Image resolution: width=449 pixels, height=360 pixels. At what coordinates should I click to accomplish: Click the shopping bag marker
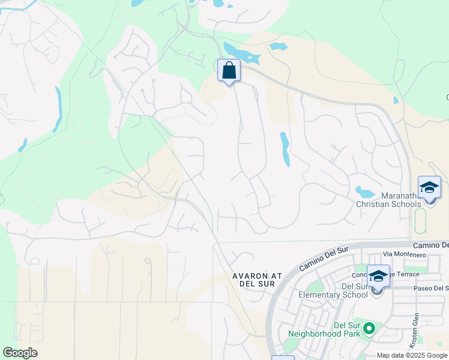click(x=229, y=71)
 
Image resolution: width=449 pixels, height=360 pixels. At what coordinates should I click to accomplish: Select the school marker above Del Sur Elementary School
click(x=378, y=277)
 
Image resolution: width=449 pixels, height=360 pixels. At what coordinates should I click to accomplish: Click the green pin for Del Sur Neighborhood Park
click(x=369, y=328)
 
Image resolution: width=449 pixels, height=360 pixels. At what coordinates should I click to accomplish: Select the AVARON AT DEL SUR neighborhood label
click(x=257, y=280)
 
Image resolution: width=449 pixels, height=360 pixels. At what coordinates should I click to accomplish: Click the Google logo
click(x=20, y=353)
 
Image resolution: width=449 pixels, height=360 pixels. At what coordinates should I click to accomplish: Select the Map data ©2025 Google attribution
click(x=412, y=355)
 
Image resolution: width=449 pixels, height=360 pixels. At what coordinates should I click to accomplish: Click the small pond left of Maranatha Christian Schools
click(x=364, y=192)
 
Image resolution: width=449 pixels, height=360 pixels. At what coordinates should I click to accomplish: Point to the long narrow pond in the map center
click(x=285, y=149)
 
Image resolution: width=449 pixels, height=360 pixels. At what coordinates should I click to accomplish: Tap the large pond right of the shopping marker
click(x=240, y=54)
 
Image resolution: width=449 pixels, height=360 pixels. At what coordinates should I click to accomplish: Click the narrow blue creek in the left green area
click(x=58, y=108)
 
